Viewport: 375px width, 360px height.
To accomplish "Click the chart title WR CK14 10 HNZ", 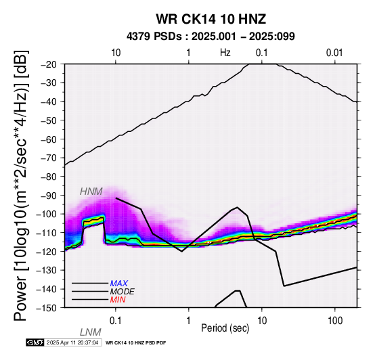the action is click(211, 19).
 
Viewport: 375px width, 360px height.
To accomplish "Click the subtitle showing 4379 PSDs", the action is click(211, 37).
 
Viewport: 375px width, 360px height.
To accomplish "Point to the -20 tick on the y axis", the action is click(49, 64).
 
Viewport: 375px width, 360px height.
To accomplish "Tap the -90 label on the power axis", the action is click(49, 196).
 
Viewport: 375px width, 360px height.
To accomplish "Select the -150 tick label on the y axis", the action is click(47, 308).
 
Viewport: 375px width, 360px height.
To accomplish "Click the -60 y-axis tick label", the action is click(49, 139).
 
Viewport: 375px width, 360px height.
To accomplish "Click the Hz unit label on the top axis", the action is click(225, 53).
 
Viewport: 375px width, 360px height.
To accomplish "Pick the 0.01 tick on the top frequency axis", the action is click(334, 53).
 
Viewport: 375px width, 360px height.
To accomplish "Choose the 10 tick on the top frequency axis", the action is click(116, 53).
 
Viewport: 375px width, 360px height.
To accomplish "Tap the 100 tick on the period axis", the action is click(335, 321).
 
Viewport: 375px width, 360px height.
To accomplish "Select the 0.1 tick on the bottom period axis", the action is click(116, 321).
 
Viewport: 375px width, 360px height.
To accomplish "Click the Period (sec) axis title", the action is click(225, 328).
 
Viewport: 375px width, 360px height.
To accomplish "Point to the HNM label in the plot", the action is click(91, 192).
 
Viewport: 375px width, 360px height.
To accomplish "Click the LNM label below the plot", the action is click(91, 332).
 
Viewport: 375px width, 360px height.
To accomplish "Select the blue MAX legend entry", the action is click(119, 284).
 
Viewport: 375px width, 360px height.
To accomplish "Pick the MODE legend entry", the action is click(123, 292).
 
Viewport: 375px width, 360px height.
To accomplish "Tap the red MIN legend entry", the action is click(118, 300).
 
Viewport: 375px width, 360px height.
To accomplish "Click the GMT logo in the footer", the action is click(35, 342).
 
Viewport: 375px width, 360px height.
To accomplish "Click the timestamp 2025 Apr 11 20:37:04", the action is click(72, 343).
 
